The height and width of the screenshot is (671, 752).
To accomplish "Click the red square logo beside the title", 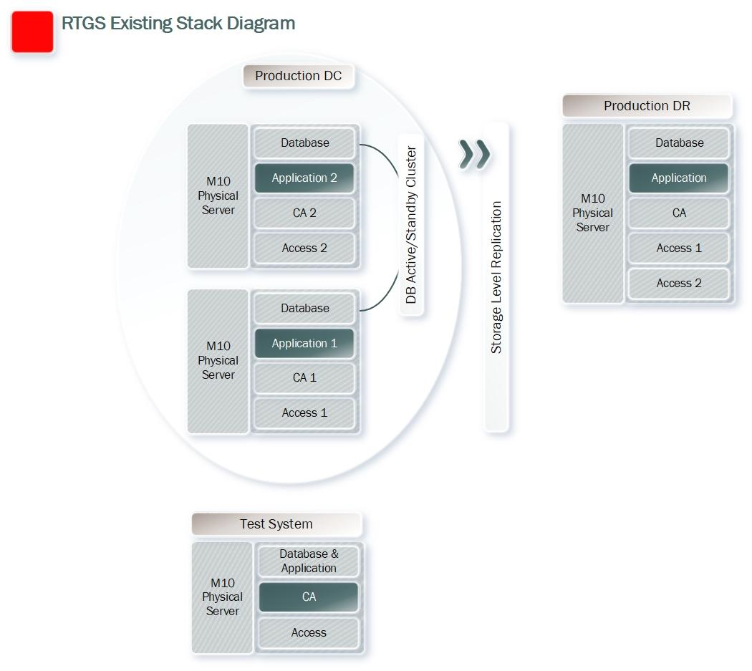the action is click(x=32, y=32).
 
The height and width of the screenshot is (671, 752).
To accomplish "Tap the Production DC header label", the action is click(x=299, y=76).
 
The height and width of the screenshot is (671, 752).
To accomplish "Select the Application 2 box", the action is click(x=304, y=178).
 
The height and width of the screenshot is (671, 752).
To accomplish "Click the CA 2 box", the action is click(x=304, y=213).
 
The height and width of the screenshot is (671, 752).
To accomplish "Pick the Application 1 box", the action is click(x=304, y=344).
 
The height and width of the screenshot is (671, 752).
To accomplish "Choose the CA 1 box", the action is click(x=304, y=378).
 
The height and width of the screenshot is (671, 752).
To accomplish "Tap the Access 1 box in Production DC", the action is click(x=304, y=413).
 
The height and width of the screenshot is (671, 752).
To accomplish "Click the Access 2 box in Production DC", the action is click(x=304, y=248).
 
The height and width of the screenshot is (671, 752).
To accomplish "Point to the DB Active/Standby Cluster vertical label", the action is click(x=411, y=224).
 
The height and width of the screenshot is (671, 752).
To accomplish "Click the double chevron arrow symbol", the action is click(x=475, y=155).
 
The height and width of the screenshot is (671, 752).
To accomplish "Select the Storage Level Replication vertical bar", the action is click(x=496, y=277).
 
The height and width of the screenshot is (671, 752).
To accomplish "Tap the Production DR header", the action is click(x=647, y=105).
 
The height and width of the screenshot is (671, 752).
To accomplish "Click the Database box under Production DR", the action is click(x=679, y=143).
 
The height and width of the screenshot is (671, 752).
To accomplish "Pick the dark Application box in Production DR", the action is click(x=679, y=178).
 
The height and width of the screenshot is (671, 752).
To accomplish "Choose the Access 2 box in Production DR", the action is click(x=679, y=284).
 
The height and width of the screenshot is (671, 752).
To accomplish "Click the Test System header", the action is click(x=276, y=523).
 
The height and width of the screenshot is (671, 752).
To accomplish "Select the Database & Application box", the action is click(x=309, y=561).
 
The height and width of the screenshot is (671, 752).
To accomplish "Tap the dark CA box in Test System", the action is click(x=309, y=597).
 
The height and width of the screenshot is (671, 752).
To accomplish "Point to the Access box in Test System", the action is click(x=309, y=633).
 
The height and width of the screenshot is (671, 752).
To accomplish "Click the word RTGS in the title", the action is click(x=84, y=24).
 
